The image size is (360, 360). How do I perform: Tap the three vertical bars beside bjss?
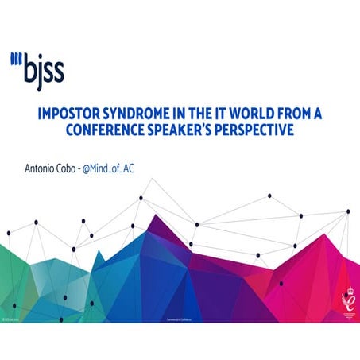point(16,58)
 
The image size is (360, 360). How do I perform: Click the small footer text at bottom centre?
point(180,322)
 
